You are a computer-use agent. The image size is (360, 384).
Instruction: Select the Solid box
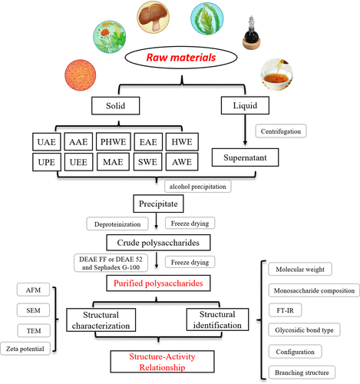point(116,106)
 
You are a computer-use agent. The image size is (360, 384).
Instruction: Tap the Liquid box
point(245,105)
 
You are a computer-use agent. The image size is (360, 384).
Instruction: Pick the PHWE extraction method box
point(114,141)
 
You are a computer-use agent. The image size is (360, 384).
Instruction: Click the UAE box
point(47,142)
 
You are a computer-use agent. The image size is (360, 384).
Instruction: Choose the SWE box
point(147,162)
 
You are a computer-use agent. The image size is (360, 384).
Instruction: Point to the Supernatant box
point(245,157)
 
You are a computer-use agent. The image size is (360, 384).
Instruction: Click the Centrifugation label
point(281,131)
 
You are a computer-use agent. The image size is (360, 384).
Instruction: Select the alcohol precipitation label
point(198,187)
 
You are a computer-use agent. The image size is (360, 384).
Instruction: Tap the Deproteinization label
point(117,224)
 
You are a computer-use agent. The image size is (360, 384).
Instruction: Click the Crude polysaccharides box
point(158,243)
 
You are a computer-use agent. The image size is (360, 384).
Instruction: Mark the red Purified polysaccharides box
point(158,283)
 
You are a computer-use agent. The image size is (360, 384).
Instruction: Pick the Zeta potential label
point(25,349)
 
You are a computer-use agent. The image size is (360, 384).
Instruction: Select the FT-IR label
point(285,310)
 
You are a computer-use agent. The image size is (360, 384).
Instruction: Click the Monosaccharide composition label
point(314,290)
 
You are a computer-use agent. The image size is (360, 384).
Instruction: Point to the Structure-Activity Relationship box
point(162,362)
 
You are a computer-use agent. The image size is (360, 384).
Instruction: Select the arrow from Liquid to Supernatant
point(245,130)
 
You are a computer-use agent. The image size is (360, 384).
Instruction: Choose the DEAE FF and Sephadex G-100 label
point(111,263)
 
